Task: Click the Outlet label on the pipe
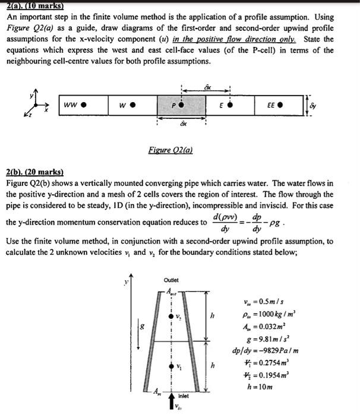point(170,280)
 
